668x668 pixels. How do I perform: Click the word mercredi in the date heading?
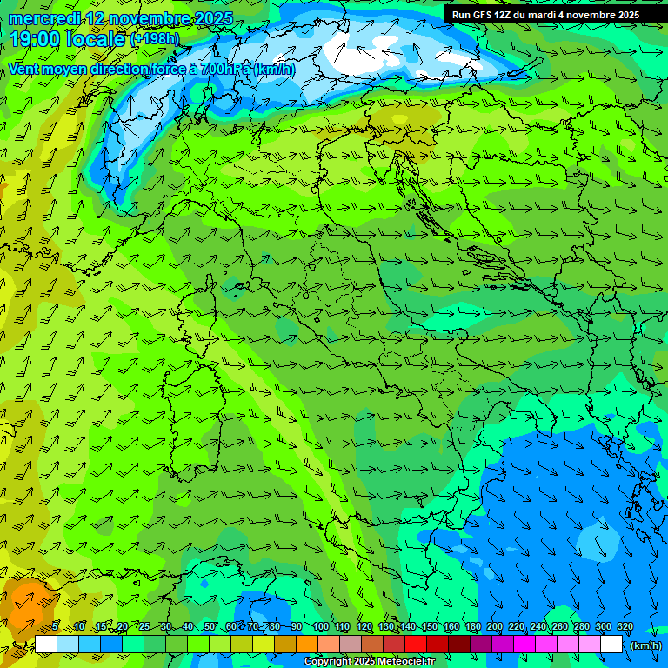[43, 18]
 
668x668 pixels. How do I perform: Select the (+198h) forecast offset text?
[155, 39]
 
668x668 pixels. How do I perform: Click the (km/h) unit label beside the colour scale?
[645, 645]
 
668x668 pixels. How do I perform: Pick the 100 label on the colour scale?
[321, 627]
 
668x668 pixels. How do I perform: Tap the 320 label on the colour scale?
[625, 627]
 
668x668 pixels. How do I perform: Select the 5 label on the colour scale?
[56, 627]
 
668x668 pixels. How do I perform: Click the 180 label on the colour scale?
[473, 627]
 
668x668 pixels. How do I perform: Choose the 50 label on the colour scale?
[210, 627]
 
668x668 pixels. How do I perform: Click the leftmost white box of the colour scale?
[46, 645]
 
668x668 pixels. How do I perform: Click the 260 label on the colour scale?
[560, 627]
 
